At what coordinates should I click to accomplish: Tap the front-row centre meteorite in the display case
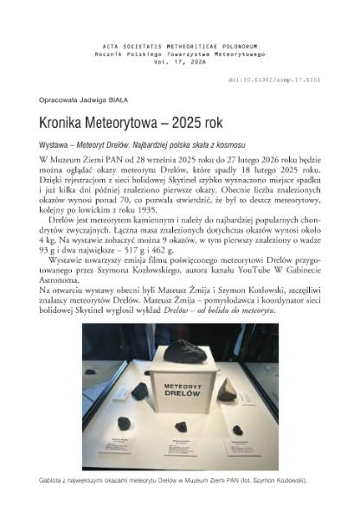[x=182, y=426]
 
